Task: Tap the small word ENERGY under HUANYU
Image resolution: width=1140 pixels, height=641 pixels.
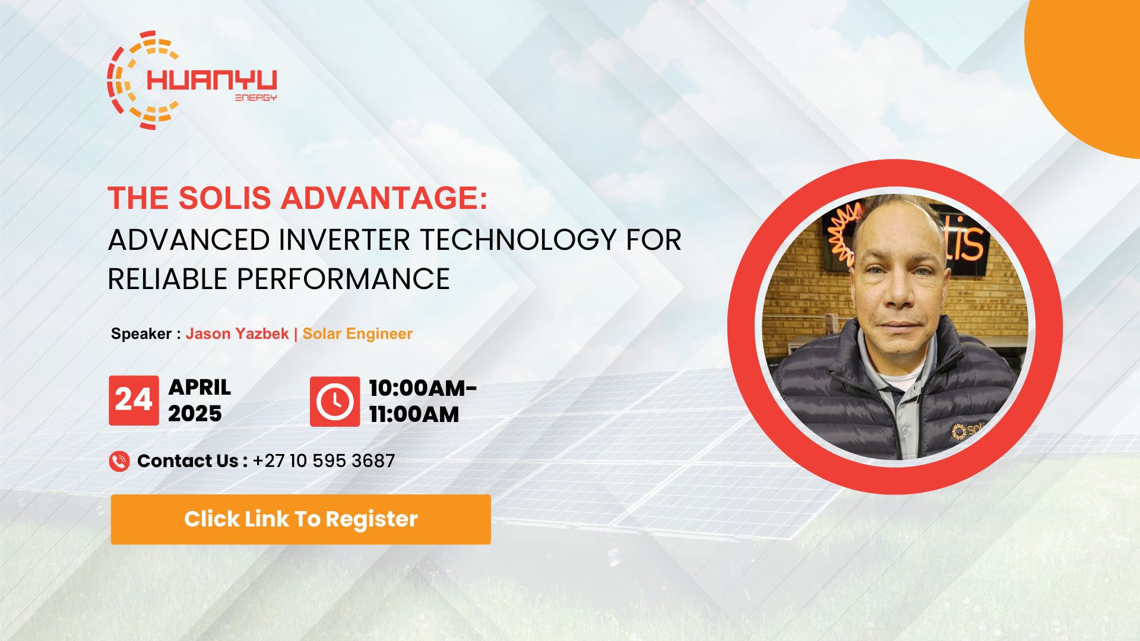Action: click(x=256, y=97)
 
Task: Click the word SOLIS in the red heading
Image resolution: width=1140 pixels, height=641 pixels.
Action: click(x=224, y=198)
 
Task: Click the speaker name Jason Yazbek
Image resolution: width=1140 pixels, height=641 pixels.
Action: click(x=237, y=334)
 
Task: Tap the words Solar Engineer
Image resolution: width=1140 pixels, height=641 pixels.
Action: click(x=357, y=334)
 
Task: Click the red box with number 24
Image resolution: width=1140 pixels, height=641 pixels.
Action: click(x=134, y=400)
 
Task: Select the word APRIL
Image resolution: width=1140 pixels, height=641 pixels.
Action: click(x=199, y=387)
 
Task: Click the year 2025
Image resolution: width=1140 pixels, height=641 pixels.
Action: click(x=195, y=414)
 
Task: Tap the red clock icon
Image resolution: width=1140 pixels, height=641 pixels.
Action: click(x=334, y=401)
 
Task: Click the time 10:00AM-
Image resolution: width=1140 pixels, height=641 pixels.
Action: click(x=423, y=388)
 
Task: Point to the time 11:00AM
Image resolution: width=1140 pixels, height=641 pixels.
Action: click(x=414, y=414)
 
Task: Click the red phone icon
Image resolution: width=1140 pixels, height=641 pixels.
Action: click(x=119, y=461)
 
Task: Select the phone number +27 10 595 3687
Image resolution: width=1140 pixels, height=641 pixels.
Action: click(x=324, y=461)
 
